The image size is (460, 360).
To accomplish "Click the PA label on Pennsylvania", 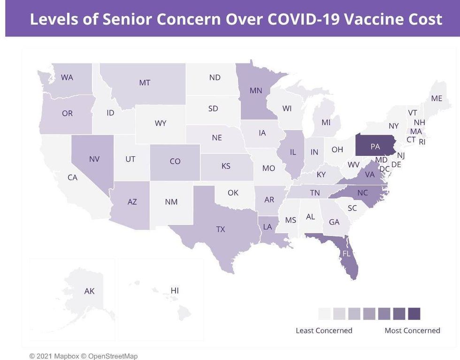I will [x=375, y=146].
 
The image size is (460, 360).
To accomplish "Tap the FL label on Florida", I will [x=346, y=253].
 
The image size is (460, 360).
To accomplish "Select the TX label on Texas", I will [x=220, y=229].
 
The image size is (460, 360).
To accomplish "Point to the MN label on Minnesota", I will [x=256, y=91].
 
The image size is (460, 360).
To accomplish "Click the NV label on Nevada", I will [x=94, y=159].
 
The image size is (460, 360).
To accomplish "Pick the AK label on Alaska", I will [x=89, y=291].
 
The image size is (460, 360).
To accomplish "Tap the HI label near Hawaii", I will [x=175, y=291].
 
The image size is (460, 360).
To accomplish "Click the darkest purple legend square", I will [x=414, y=313].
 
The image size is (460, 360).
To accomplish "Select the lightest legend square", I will [x=324, y=313].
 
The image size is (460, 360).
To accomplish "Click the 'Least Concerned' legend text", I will [x=324, y=330].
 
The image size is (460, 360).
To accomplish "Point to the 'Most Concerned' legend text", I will [x=412, y=330].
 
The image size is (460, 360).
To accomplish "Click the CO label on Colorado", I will [x=175, y=161].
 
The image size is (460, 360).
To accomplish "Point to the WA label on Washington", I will [x=67, y=77].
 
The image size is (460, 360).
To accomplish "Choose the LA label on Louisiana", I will [x=267, y=226].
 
